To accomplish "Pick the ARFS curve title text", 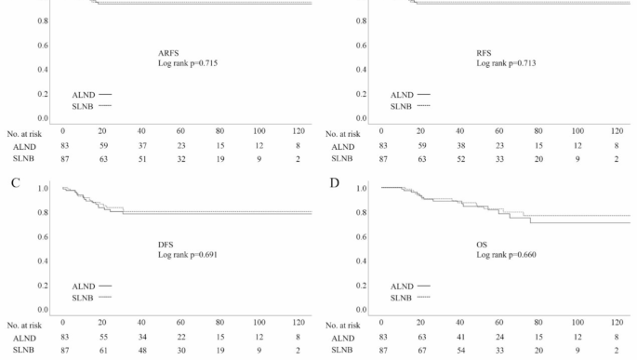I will pos(169,52).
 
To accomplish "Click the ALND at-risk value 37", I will pos(140,146).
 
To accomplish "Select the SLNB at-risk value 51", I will pos(140,160).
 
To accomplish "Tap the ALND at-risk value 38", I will pos(459,146).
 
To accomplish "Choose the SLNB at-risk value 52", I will pos(459,160).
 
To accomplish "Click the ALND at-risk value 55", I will pos(101,337).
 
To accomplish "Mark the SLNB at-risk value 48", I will pos(140,351).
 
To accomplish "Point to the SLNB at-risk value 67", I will pos(420,351).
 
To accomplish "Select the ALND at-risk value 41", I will pos(459,337).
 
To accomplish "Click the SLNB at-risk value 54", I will pos(459,351).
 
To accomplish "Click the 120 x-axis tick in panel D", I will pos(617,322).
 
